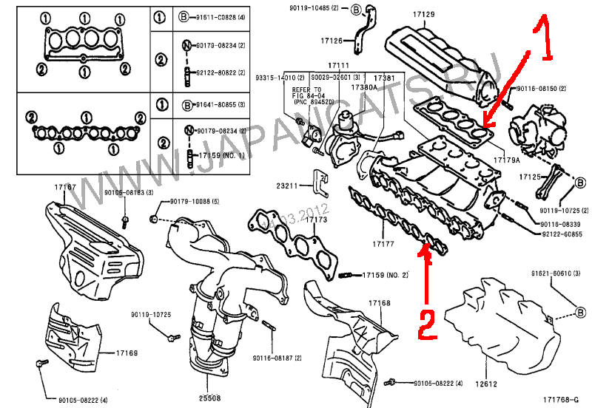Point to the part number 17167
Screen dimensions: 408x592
(64, 188)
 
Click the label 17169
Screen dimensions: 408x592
(127, 353)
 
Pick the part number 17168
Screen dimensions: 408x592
(380, 303)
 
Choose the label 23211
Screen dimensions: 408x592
(286, 186)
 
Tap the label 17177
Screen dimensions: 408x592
(383, 243)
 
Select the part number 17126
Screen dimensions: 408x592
(332, 41)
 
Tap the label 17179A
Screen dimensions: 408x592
(506, 160)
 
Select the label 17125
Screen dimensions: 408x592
(531, 177)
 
